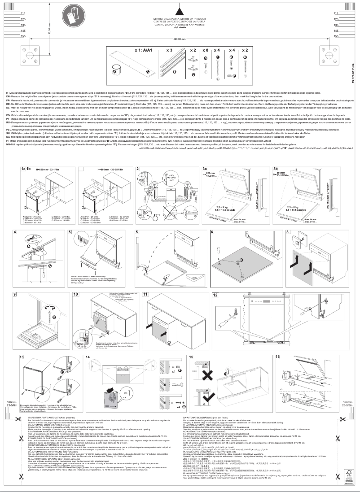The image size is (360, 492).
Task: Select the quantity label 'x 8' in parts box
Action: [205, 50]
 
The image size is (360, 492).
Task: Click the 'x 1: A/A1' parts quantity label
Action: [142, 50]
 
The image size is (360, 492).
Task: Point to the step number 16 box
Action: [277, 357]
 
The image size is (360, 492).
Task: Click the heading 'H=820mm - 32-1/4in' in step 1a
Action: [42, 183]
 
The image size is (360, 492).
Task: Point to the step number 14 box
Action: [88, 357]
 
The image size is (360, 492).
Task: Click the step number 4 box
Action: [15, 232]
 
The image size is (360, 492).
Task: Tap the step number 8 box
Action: [288, 232]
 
